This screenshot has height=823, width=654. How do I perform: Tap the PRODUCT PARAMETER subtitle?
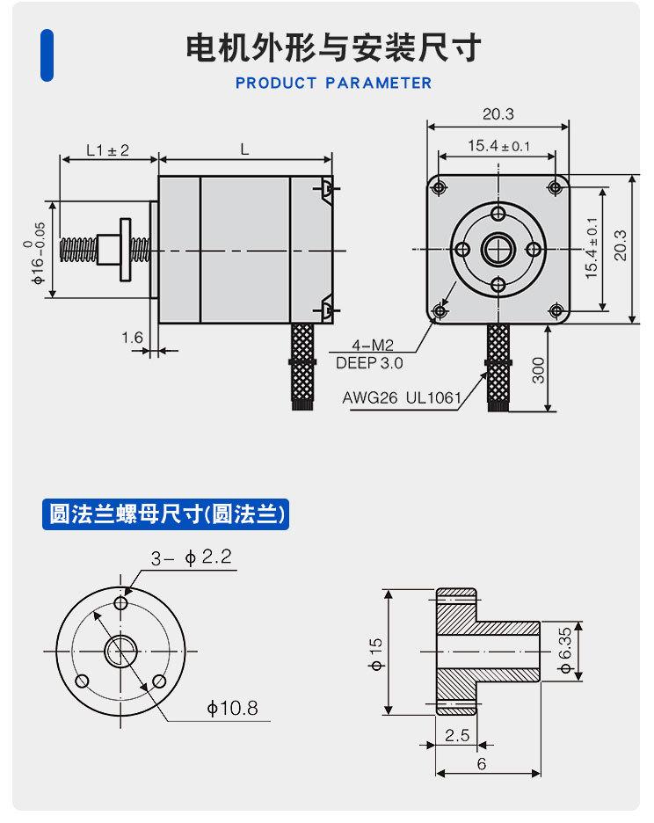(x=333, y=84)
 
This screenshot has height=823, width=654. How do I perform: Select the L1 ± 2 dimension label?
(x=107, y=150)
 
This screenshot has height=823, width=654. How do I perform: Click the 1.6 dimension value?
(x=132, y=337)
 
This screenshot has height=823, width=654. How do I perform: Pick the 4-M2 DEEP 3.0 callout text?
(x=369, y=354)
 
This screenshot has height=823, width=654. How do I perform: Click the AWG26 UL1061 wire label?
(x=402, y=398)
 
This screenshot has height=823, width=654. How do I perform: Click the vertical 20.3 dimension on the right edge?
(x=621, y=247)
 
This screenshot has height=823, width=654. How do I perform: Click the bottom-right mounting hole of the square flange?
(x=555, y=310)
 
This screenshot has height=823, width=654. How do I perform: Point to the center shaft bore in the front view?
(x=498, y=249)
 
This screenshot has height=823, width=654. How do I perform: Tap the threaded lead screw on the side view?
(x=78, y=249)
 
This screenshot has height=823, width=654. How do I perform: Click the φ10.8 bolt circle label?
(x=232, y=707)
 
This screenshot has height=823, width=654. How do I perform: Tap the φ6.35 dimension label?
(x=565, y=652)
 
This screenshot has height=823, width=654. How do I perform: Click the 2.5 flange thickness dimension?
(x=456, y=735)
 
